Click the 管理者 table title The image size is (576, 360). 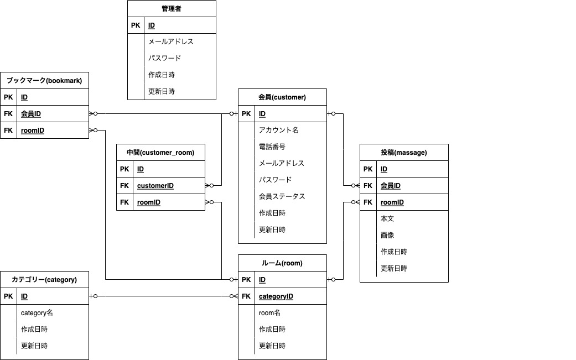click(172, 9)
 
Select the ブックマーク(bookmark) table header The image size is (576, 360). click(44, 81)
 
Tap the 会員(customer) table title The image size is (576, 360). click(282, 97)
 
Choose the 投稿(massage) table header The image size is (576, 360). click(404, 153)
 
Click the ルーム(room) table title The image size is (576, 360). click(282, 263)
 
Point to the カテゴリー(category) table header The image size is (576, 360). click(44, 280)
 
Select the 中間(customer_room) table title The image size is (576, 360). click(160, 153)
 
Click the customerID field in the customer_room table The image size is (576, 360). click(155, 186)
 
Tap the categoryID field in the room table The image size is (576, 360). click(276, 296)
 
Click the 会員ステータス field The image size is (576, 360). click(282, 196)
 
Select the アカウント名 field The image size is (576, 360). click(278, 130)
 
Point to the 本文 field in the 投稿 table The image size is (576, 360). click(387, 218)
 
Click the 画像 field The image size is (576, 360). click(387, 235)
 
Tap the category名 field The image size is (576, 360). click(37, 312)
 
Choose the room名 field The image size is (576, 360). click(269, 312)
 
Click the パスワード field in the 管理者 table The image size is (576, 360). click(164, 58)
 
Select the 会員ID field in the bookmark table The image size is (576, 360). click(31, 114)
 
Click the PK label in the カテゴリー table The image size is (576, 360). click(8, 296)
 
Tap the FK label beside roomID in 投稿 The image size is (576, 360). click(368, 202)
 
